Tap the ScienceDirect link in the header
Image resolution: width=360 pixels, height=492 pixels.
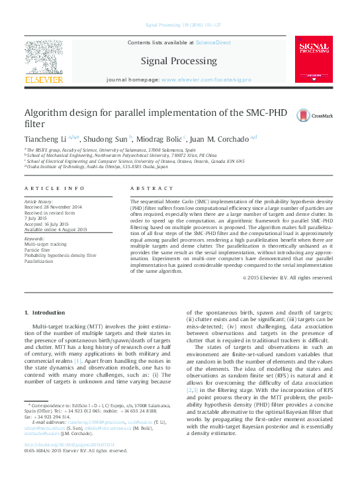click(213, 42)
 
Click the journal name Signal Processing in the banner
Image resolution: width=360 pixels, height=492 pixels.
click(179, 62)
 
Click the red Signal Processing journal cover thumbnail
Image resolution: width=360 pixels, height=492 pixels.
click(314, 60)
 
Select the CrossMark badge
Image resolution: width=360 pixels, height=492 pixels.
click(314, 115)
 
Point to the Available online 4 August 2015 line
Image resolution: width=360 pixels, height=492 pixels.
click(56, 229)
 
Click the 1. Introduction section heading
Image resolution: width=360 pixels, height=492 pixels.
click(44, 312)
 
